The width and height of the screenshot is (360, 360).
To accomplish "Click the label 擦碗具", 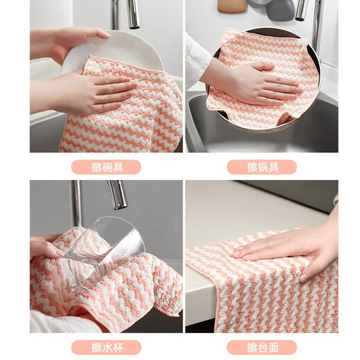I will pyautogui.click(x=106, y=167).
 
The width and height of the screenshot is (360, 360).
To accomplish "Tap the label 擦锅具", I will pyautogui.click(x=262, y=167).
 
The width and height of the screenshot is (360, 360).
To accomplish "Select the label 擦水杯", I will pyautogui.click(x=106, y=345).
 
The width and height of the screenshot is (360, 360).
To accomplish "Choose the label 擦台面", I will pyautogui.click(x=262, y=345).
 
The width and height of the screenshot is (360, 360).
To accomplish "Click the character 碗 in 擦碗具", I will pyautogui.click(x=106, y=167).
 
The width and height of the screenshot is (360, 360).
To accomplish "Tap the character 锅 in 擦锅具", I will pyautogui.click(x=262, y=167).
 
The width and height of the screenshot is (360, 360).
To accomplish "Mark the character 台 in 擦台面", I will pyautogui.click(x=262, y=345).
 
